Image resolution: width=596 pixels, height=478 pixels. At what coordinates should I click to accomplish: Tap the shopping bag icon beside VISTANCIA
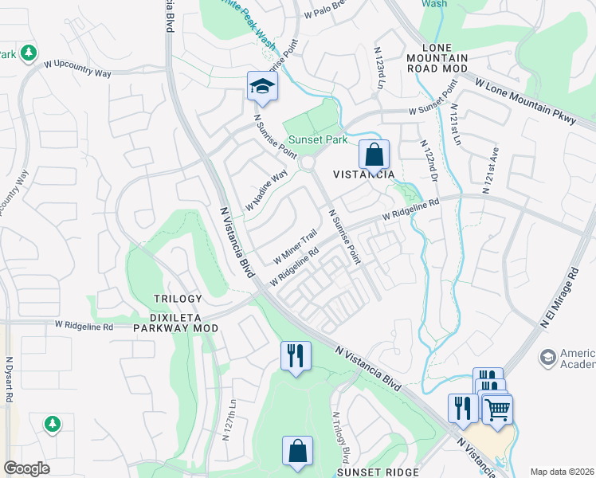click(373, 155)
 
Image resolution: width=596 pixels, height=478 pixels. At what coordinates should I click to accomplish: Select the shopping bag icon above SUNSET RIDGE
click(296, 451)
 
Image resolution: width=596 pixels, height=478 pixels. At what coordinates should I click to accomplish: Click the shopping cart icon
click(497, 409)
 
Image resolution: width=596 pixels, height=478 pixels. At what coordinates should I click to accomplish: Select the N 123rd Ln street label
click(381, 69)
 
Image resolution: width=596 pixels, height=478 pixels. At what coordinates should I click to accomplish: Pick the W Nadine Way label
click(266, 190)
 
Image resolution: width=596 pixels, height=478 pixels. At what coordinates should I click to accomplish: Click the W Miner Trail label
click(296, 247)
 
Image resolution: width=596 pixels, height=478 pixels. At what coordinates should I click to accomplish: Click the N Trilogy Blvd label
click(340, 437)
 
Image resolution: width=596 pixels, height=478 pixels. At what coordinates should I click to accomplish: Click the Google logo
click(27, 468)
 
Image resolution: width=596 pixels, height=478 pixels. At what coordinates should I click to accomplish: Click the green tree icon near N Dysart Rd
click(53, 423)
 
